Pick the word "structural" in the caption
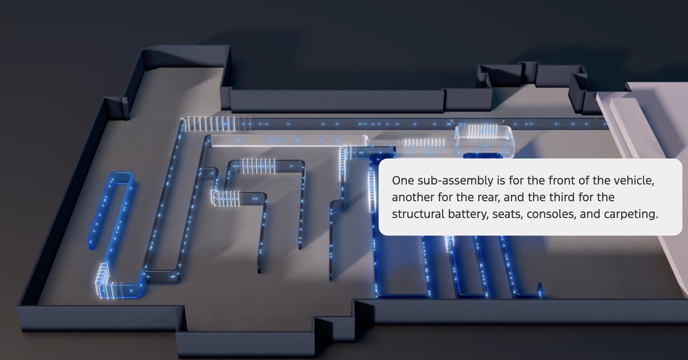[418, 214]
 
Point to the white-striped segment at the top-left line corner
[209, 124]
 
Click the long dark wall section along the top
[337, 101]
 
